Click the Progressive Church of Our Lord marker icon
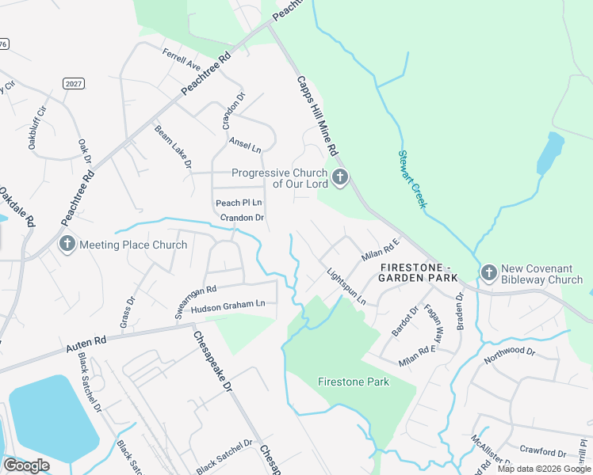(340, 178)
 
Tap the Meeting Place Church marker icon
(67, 245)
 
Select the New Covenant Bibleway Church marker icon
(488, 273)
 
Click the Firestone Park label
(354, 382)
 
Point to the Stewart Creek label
(413, 180)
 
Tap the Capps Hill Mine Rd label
(318, 116)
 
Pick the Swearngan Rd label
(196, 303)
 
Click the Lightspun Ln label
(346, 286)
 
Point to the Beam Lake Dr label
(173, 146)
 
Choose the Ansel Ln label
(245, 144)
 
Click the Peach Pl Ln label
(239, 203)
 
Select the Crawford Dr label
(543, 452)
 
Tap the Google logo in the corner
(26, 465)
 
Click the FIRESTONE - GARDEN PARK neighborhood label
(418, 272)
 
